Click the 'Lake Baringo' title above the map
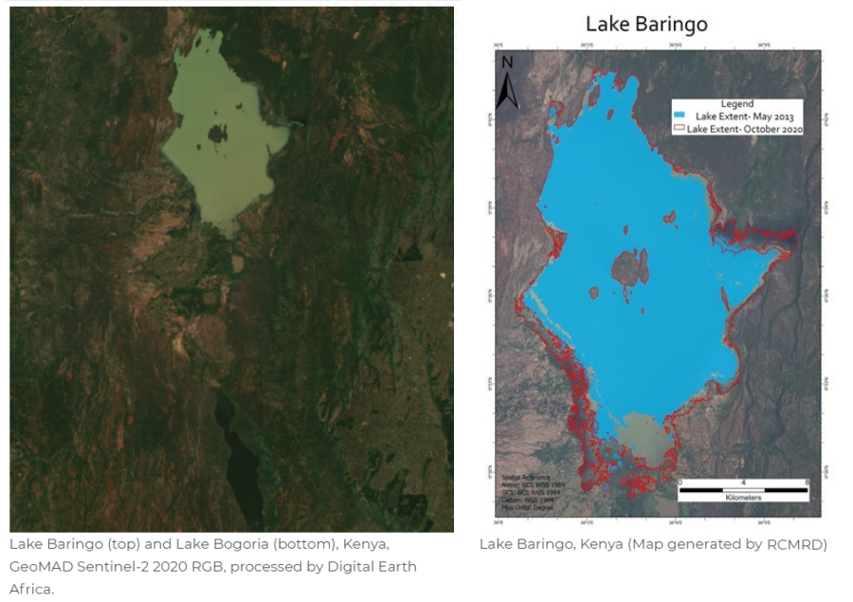pyautogui.click(x=645, y=24)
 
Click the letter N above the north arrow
pyautogui.click(x=508, y=63)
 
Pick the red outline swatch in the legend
pyautogui.click(x=679, y=128)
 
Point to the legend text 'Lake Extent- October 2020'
pyautogui.click(x=744, y=128)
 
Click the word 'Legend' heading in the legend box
pyautogui.click(x=736, y=104)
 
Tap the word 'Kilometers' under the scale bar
pyautogui.click(x=742, y=498)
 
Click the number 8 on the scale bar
pyautogui.click(x=805, y=482)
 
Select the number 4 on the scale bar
pyautogui.click(x=743, y=482)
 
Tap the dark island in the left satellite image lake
pyautogui.click(x=217, y=134)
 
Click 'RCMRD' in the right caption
pyautogui.click(x=773, y=544)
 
